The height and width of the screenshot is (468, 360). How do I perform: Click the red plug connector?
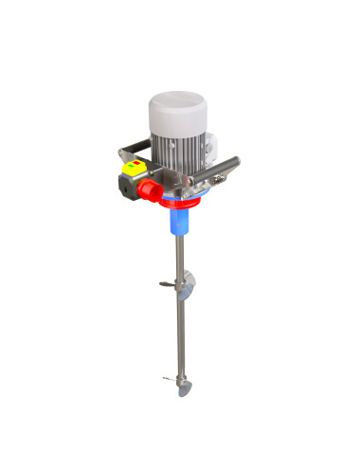tap(149, 190)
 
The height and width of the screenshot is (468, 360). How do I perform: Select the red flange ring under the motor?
tap(180, 200)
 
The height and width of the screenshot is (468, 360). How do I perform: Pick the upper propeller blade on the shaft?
tap(189, 281)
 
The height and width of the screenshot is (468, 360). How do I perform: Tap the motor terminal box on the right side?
tap(212, 152)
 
